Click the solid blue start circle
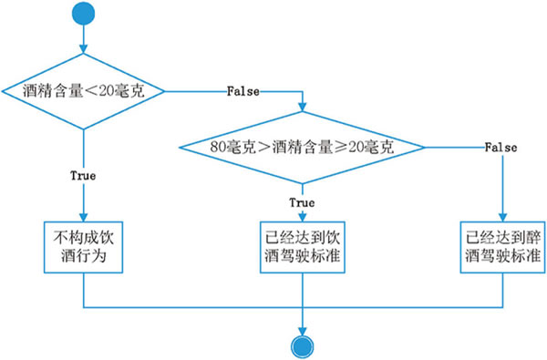pos(83,14)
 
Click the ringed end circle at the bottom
pos(302,344)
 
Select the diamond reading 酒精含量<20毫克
pos(83,91)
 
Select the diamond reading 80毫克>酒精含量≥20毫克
pos(302,146)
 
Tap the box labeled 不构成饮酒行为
pos(83,246)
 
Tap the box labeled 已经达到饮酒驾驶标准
pos(302,246)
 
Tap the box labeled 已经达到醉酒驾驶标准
pos(502,246)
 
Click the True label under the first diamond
pos(83,173)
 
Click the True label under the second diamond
pos(302,201)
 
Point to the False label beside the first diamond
pos(243,92)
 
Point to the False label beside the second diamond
pos(501,147)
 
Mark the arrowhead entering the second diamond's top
pos(302,108)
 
